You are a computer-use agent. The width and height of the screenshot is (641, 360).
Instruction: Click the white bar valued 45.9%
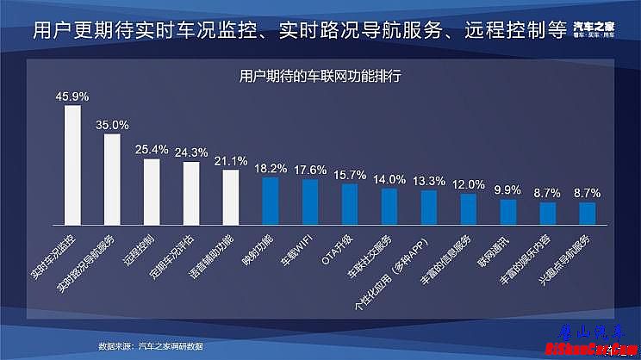pyautogui.click(x=72, y=164)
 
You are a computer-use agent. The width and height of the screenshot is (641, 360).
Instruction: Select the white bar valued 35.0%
pyautogui.click(x=112, y=178)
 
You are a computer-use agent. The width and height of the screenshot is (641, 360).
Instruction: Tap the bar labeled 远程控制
pyautogui.click(x=152, y=191)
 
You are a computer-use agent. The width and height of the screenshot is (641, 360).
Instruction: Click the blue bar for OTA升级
pyautogui.click(x=350, y=203)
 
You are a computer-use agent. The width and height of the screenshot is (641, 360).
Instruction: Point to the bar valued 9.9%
pyautogui.click(x=508, y=212)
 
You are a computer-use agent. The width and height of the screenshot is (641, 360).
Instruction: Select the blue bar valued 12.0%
pyautogui.click(x=469, y=208)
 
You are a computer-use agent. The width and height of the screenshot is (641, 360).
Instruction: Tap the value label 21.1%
pyautogui.click(x=231, y=160)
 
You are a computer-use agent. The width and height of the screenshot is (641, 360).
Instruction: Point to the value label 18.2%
pyautogui.click(x=271, y=167)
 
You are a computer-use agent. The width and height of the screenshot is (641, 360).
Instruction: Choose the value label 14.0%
pyautogui.click(x=389, y=178)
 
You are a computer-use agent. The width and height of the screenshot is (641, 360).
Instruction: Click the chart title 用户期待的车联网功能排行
pyautogui.click(x=320, y=76)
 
